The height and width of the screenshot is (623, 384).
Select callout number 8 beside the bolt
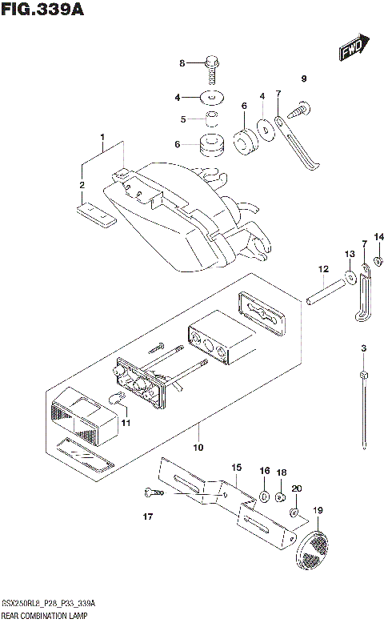click(182, 63)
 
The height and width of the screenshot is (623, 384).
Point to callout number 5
click(182, 119)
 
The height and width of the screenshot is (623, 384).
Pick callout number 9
click(304, 78)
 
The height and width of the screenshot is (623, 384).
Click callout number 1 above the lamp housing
click(103, 137)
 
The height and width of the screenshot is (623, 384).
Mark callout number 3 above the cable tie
click(363, 348)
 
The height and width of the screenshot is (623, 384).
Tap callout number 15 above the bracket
click(236, 467)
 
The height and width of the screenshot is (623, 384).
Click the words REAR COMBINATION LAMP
click(45, 615)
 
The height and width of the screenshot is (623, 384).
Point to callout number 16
click(265, 472)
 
